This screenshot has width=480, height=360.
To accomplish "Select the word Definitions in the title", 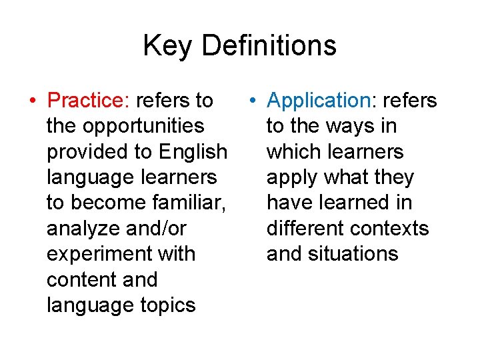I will pos(269,46).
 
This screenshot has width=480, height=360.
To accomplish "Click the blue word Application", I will pos(317,101).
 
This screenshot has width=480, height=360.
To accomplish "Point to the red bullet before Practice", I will pos(33,101).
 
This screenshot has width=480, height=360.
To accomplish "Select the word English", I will pos(193,151).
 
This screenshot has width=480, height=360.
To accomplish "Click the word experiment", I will pos(96,254).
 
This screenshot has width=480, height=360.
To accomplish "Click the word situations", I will pos(354,254).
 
